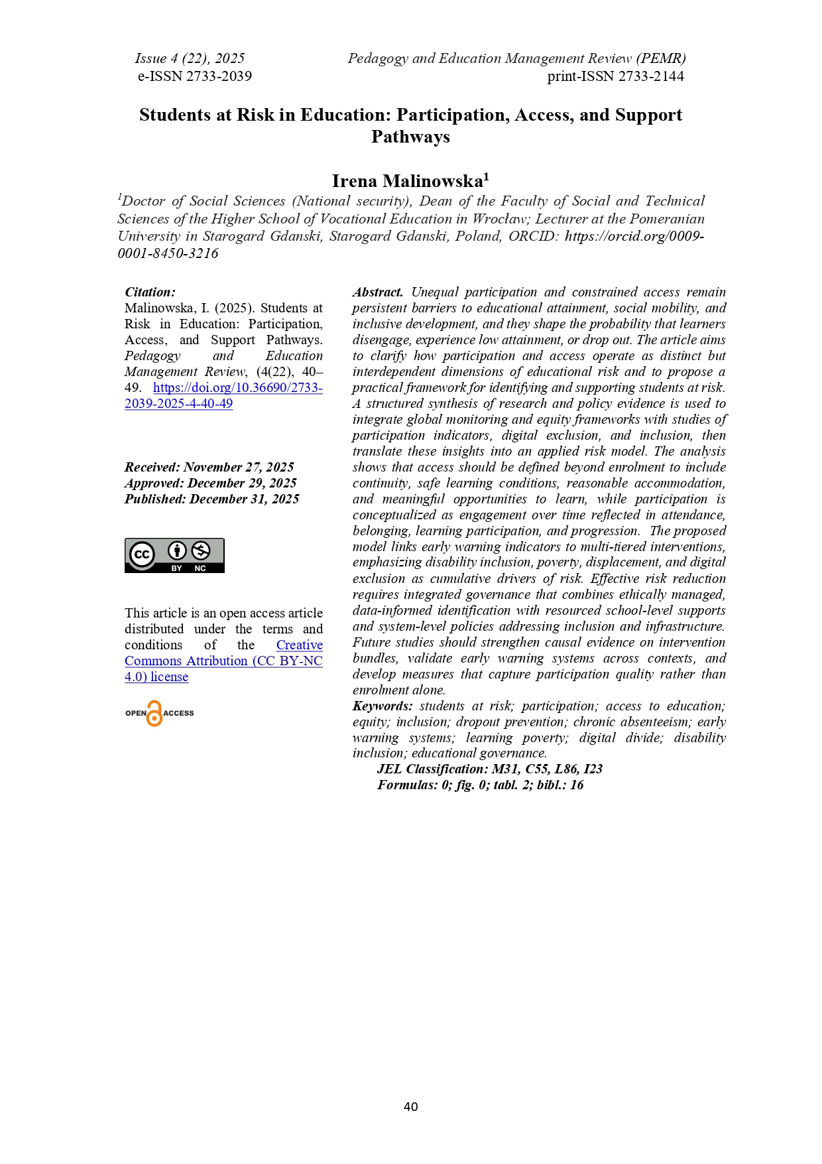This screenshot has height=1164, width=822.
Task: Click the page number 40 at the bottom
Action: click(410, 1106)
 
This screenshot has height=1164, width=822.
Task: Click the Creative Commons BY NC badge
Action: click(174, 555)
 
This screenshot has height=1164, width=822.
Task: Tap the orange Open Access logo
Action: click(159, 714)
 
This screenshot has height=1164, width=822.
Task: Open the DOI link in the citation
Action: click(223, 396)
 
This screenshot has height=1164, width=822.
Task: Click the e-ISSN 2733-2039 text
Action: click(195, 76)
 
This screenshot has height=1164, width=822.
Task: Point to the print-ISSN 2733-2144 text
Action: click(615, 76)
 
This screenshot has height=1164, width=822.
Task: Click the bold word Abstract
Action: click(378, 292)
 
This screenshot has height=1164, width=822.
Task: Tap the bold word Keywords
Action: click(382, 706)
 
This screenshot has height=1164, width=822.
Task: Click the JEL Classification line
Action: click(489, 769)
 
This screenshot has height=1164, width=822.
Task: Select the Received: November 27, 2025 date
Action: click(209, 468)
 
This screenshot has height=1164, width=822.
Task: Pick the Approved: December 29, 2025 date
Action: click(210, 484)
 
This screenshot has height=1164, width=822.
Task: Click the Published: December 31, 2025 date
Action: click(211, 499)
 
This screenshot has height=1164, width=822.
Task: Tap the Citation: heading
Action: click(150, 292)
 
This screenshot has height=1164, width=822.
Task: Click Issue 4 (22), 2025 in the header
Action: click(190, 58)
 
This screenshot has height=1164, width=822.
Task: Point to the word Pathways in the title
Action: click(410, 137)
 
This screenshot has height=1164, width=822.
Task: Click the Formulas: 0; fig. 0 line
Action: click(480, 785)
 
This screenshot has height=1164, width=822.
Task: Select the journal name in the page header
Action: click(516, 58)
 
